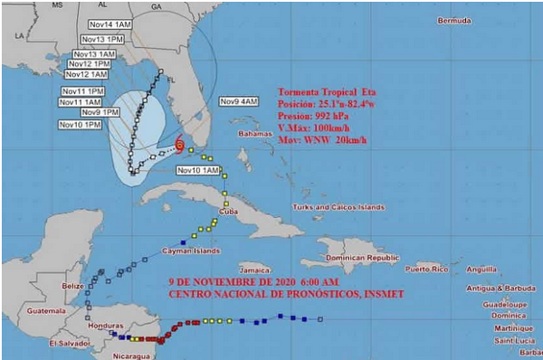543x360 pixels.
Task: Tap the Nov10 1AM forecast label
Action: tap(198, 170)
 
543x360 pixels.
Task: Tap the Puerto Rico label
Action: tap(428, 270)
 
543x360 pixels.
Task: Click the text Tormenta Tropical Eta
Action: tap(326, 92)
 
